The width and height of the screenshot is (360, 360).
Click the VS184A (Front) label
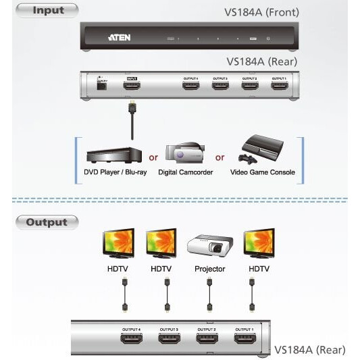(x=261, y=12)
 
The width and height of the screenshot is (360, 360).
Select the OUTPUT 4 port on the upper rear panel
(x=190, y=86)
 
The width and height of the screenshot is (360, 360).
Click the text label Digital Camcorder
(x=186, y=173)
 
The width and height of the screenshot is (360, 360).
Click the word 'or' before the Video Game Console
(x=220, y=158)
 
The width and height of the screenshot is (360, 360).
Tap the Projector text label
(x=209, y=269)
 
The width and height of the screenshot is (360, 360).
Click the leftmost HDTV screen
(x=122, y=244)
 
